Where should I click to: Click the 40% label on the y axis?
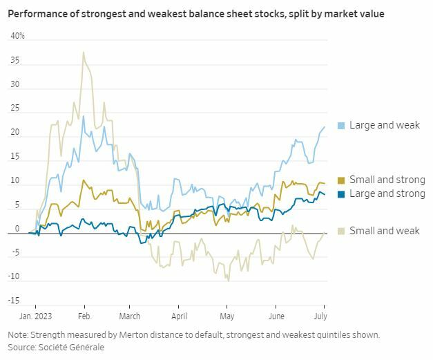click(17, 36)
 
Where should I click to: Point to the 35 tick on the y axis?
click(15, 61)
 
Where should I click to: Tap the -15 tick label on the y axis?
click(15, 301)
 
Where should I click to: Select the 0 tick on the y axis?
click(18, 229)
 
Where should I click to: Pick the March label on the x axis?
click(129, 316)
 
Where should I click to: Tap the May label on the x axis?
click(227, 316)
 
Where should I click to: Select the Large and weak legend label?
click(384, 125)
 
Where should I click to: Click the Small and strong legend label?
click(387, 180)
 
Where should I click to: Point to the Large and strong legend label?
click(387, 193)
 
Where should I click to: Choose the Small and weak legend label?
click(384, 231)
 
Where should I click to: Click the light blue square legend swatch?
click(341, 126)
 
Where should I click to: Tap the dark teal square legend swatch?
click(341, 194)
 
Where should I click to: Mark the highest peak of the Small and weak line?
click(84, 52)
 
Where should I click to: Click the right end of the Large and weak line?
click(325, 126)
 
